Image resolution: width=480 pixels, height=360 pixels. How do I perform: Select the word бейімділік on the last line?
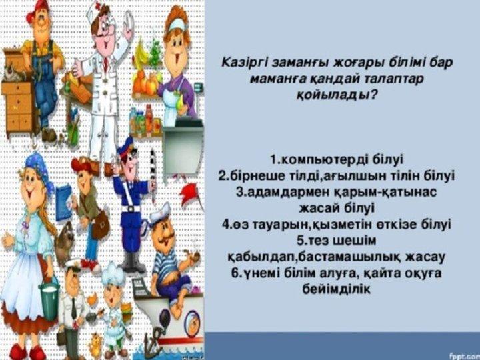(x=337, y=289)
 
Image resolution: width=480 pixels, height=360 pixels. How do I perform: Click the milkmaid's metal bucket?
(x=49, y=299)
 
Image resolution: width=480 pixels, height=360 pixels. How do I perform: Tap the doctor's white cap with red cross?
(x=95, y=9)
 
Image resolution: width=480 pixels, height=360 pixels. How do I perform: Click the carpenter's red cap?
(x=36, y=10)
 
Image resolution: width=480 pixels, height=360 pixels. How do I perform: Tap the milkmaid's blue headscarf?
(x=37, y=170)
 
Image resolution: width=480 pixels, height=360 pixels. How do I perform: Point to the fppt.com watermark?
(x=464, y=356)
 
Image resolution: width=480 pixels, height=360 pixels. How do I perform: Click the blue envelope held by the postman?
(x=63, y=202)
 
